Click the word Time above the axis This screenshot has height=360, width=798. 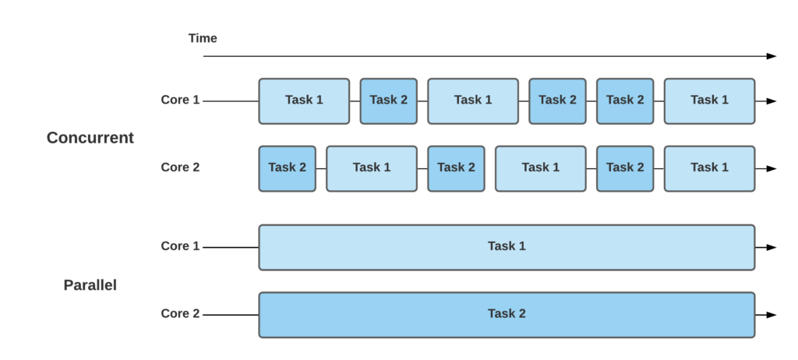(x=203, y=38)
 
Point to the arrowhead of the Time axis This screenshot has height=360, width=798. (x=771, y=56)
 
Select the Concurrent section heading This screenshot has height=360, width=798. (x=90, y=138)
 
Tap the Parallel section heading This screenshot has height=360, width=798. (x=90, y=285)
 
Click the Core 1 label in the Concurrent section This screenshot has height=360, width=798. (x=180, y=100)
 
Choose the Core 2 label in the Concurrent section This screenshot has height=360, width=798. (x=180, y=167)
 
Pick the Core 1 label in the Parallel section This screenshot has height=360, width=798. (x=180, y=246)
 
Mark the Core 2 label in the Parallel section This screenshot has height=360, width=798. (x=180, y=313)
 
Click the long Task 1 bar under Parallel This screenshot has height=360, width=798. (x=507, y=247)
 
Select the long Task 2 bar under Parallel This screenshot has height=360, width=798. (x=507, y=315)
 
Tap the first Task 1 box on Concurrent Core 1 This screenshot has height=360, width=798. (x=304, y=101)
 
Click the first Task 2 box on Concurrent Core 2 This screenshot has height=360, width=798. (x=287, y=168)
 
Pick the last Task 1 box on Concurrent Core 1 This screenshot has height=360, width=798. (x=709, y=101)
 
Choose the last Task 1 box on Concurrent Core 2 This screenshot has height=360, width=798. (x=709, y=168)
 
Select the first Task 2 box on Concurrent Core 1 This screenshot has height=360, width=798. (x=388, y=101)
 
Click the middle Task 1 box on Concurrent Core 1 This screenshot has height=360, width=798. (x=473, y=101)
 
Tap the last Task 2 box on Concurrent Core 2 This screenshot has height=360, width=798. (x=625, y=168)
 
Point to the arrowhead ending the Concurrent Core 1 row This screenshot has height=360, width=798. (x=771, y=101)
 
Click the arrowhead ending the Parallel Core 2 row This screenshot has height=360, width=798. (x=771, y=315)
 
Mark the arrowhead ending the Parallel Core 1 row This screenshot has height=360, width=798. (x=771, y=247)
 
